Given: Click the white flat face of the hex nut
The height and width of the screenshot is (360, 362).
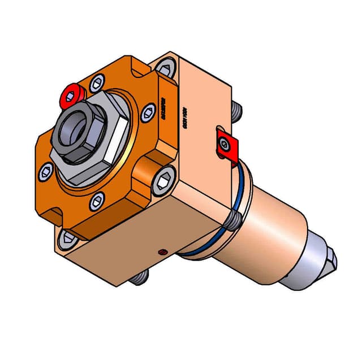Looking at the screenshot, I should click(118, 136).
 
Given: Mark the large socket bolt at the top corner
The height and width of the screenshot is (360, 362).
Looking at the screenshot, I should click(165, 70).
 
